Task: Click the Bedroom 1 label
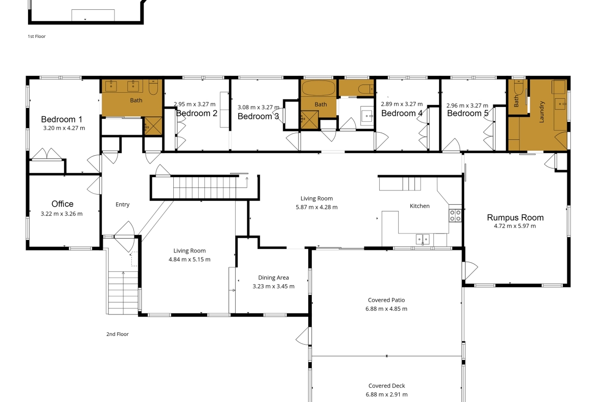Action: click(x=62, y=119)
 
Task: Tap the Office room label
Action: click(x=62, y=204)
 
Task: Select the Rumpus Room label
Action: click(x=515, y=218)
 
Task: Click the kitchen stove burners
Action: click(x=455, y=216)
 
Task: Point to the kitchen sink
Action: click(x=423, y=239)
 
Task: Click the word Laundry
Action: click(x=542, y=112)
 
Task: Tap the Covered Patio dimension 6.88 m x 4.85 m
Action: click(x=386, y=309)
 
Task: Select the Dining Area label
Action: click(x=273, y=278)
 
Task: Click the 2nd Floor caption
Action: click(x=118, y=334)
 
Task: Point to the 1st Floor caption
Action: click(x=37, y=36)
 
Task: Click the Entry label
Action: click(x=123, y=204)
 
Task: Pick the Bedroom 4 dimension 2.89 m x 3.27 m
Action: click(x=402, y=104)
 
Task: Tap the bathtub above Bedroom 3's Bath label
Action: click(x=318, y=88)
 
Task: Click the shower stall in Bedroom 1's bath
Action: click(x=153, y=125)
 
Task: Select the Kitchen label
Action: click(x=420, y=206)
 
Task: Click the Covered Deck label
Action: click(x=387, y=386)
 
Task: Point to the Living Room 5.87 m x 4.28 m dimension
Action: click(x=316, y=207)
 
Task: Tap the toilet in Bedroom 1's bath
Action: click(x=153, y=87)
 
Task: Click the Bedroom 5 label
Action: click(x=468, y=113)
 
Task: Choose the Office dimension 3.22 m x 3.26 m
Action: click(x=61, y=214)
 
